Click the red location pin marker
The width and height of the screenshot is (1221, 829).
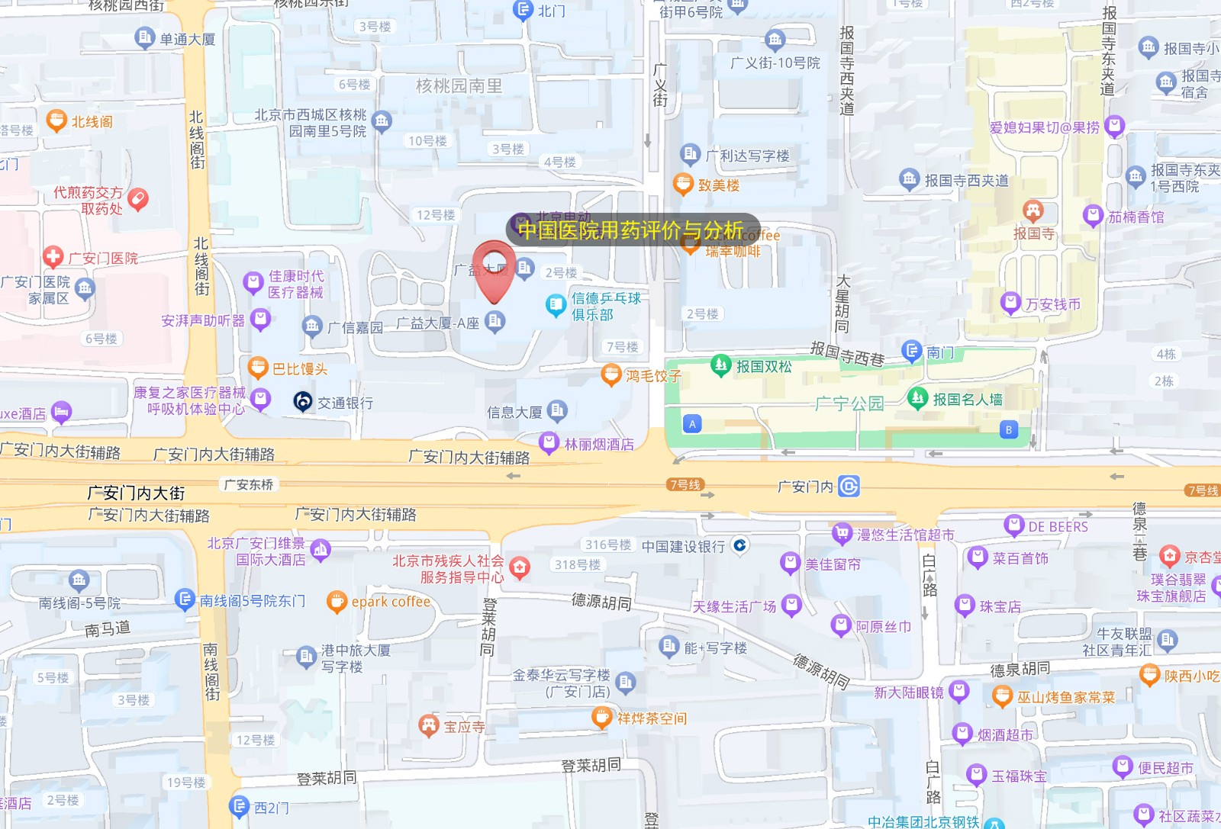tap(494, 270)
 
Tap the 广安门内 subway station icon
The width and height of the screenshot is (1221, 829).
tap(849, 486)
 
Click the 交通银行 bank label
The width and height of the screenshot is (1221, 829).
tap(345, 403)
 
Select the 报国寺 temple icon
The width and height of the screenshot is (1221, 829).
tap(1033, 209)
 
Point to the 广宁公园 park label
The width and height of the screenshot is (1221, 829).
tap(849, 403)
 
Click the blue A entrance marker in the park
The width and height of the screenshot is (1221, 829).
tap(692, 424)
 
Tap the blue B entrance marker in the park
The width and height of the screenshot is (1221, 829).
tap(1008, 429)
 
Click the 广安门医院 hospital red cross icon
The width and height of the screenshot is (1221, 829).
tap(53, 257)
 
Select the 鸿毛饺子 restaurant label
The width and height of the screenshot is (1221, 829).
tap(653, 375)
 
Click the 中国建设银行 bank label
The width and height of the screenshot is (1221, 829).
tap(683, 546)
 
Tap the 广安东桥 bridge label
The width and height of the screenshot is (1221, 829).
tap(248, 484)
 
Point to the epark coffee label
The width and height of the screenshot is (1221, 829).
tap(391, 602)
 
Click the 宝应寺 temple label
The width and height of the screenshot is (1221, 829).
tap(464, 727)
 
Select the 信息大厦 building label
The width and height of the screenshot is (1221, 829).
tap(514, 413)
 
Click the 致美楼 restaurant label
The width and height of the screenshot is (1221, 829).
tap(718, 185)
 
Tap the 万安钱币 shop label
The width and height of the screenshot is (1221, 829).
tap(1052, 304)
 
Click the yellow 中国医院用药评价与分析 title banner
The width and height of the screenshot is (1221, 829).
tap(630, 230)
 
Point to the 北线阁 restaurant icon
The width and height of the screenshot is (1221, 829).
tap(56, 120)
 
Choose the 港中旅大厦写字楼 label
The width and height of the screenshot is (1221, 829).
tap(356, 658)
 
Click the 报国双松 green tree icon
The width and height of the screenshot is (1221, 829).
tap(720, 365)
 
